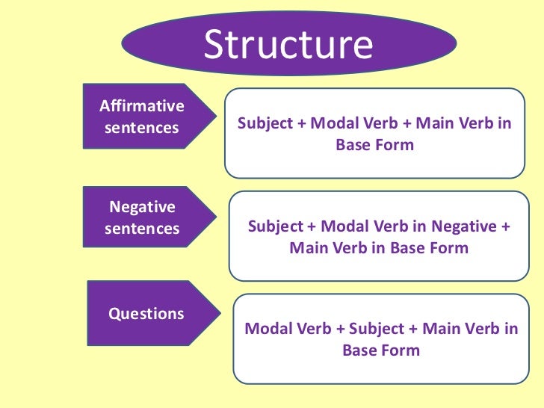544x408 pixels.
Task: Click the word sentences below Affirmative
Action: pyautogui.click(x=142, y=128)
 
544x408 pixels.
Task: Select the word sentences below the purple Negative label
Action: pyautogui.click(x=142, y=228)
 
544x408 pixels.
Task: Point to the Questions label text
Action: pyautogui.click(x=146, y=314)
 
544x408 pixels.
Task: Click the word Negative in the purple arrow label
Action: pyautogui.click(x=142, y=207)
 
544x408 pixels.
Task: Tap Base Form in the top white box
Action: pyautogui.click(x=374, y=145)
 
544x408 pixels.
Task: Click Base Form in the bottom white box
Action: pyautogui.click(x=381, y=350)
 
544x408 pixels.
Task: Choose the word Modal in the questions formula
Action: pyautogui.click(x=267, y=329)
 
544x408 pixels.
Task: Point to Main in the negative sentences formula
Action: pyautogui.click(x=309, y=248)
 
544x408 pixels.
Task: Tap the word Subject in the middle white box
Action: pyautogui.click(x=274, y=226)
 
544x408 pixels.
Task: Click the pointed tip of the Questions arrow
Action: pyautogui.click(x=218, y=314)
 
